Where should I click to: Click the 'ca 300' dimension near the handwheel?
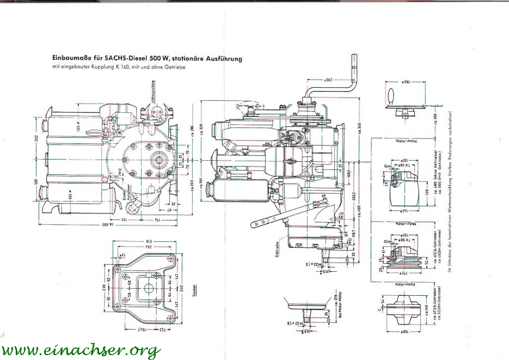coord(436,119)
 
